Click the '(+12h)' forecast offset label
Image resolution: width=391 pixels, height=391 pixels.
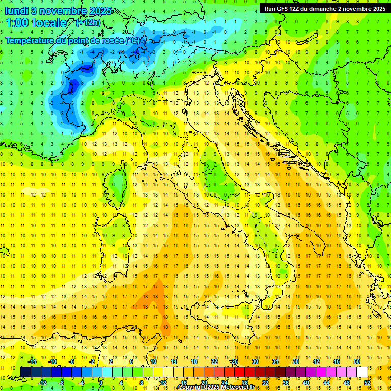coord(88,23)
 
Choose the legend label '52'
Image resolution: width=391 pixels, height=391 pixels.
coord(367,383)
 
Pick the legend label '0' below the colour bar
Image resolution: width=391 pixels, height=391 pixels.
coord(101,383)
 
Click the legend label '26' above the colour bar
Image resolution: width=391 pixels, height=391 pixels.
coord(235,361)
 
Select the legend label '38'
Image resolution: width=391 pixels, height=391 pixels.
coord(296,361)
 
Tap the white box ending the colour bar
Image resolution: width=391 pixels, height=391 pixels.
coord(362,372)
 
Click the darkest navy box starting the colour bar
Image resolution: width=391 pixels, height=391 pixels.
coord(25,372)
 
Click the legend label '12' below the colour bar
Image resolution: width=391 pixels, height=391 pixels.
coord(163,383)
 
